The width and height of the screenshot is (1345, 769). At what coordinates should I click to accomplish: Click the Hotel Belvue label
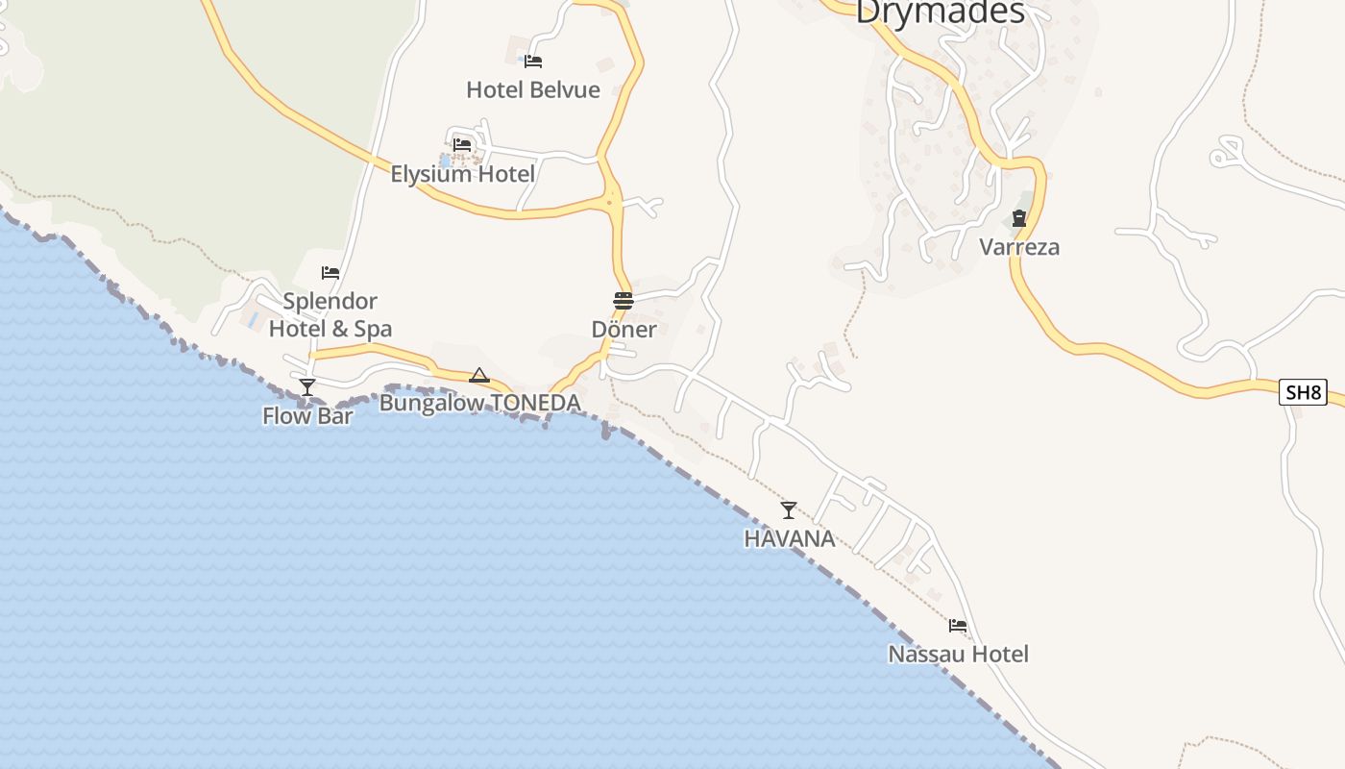533,90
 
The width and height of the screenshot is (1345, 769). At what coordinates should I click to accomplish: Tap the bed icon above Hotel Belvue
533,62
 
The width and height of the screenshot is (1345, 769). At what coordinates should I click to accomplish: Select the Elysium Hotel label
462,174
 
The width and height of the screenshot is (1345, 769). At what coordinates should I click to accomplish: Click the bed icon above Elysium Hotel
462,145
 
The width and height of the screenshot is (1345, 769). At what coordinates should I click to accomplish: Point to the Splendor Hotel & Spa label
330,315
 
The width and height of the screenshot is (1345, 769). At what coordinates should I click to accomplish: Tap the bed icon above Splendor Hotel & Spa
330,273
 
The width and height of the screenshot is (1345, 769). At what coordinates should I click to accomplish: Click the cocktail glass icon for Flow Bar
307,387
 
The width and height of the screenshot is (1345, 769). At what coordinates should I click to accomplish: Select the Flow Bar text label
307,416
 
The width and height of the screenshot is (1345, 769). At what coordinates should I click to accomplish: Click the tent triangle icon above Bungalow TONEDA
479,375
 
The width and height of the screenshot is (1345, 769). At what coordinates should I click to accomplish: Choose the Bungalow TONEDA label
479,403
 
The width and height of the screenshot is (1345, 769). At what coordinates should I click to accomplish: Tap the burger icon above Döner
624,301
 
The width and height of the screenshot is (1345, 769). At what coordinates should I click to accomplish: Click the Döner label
624,330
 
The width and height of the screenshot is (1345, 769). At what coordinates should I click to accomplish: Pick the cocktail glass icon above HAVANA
789,510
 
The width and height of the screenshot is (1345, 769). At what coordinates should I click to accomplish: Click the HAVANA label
789,539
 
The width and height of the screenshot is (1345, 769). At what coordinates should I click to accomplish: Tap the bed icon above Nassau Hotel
958,626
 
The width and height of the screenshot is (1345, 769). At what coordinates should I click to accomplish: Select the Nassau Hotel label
958,655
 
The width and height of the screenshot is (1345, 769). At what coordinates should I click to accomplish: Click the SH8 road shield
1304,392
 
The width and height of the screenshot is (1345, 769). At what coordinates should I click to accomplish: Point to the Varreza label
1019,247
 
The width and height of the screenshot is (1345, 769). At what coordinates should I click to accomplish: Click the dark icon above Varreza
1019,219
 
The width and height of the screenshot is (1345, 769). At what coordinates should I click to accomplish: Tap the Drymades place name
940,12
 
